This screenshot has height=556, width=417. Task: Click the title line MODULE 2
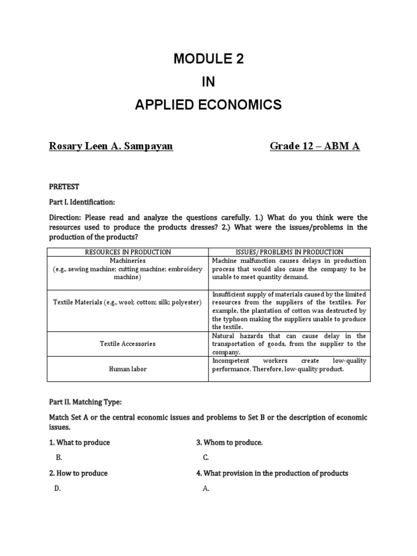tap(208, 60)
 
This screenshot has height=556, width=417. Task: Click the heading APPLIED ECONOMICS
tap(208, 105)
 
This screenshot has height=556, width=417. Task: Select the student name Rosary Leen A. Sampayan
tap(111, 146)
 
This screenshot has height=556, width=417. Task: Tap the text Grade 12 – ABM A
tap(315, 146)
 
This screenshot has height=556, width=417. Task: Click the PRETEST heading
tap(64, 187)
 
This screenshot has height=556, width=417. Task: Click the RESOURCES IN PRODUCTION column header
tap(128, 252)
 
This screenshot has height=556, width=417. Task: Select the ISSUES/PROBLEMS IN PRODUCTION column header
tap(289, 252)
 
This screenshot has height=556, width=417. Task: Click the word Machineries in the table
tap(128, 261)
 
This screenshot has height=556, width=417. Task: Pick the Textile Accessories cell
tap(128, 344)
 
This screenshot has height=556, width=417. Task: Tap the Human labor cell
tap(128, 369)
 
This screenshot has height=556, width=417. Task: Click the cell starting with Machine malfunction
tap(289, 269)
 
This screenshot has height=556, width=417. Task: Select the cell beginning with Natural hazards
tap(289, 344)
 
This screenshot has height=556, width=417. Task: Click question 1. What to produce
tap(79, 443)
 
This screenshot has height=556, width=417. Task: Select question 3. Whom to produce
tap(229, 443)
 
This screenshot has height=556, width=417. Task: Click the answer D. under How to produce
tap(58, 488)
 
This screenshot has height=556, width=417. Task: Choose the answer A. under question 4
tap(206, 488)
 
